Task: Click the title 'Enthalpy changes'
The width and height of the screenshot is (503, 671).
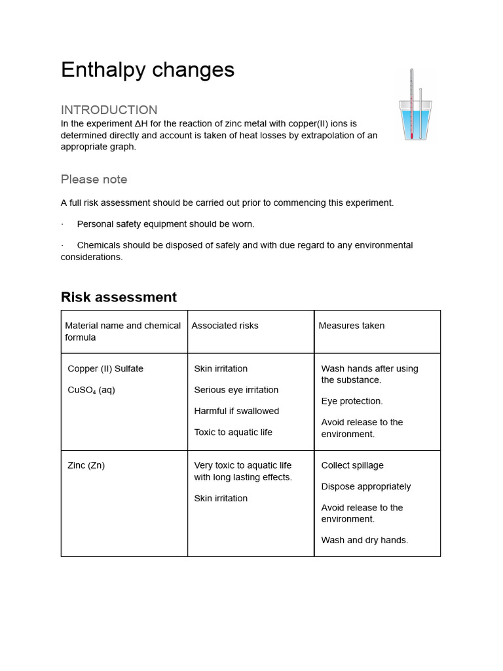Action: click(147, 70)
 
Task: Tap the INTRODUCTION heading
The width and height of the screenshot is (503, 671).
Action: click(109, 109)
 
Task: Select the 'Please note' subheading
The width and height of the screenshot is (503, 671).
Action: click(94, 179)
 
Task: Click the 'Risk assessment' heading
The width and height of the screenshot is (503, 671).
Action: click(119, 297)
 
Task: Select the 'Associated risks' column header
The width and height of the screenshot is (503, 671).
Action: click(225, 326)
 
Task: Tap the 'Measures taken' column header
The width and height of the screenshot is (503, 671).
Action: click(351, 326)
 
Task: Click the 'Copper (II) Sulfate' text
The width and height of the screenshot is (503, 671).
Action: click(105, 368)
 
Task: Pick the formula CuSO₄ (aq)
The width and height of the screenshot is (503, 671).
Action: click(91, 390)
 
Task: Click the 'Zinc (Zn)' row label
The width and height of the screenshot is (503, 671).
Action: click(86, 465)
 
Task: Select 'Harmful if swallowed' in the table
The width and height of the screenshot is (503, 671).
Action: click(236, 411)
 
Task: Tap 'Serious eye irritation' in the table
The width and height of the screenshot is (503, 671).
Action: click(236, 390)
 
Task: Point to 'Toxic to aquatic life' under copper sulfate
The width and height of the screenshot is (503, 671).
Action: click(233, 432)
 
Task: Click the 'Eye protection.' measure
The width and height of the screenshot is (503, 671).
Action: click(352, 401)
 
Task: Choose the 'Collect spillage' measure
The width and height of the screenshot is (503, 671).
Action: click(352, 465)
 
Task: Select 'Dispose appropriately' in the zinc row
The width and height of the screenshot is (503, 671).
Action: click(366, 486)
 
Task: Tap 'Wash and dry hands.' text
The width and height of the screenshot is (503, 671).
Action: click(364, 540)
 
